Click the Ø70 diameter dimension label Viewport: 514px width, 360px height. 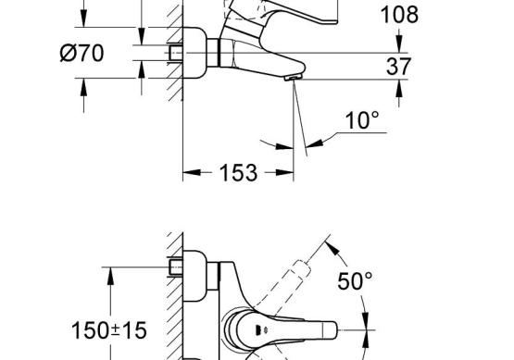pyautogui.click(x=81, y=53)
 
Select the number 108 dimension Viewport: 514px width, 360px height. pyautogui.click(x=399, y=15)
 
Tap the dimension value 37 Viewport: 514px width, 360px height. pyautogui.click(x=398, y=67)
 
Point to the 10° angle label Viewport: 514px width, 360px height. pyautogui.click(x=362, y=120)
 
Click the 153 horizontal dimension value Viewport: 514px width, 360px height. pyautogui.click(x=238, y=173)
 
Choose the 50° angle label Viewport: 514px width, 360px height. pyautogui.click(x=355, y=280)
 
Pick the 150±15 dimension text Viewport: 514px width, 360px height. pyautogui.click(x=109, y=330)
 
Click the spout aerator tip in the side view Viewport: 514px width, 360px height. pyautogui.click(x=293, y=78)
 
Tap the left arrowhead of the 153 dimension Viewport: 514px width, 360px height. pyautogui.click(x=192, y=172)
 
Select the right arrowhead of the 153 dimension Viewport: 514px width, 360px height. pyautogui.click(x=284, y=172)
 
